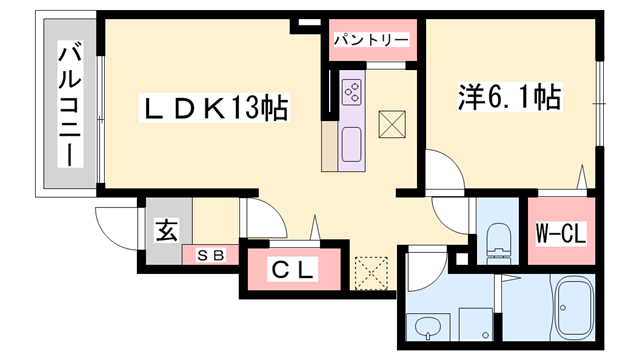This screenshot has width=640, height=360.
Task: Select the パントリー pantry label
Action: click(x=371, y=40)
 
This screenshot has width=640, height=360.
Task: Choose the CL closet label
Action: click(x=294, y=270)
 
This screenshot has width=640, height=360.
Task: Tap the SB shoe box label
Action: click(x=209, y=254)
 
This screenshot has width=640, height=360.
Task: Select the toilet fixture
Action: click(x=496, y=239)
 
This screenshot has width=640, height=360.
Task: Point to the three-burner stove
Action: click(x=354, y=91)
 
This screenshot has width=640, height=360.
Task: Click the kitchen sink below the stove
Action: click(x=353, y=146)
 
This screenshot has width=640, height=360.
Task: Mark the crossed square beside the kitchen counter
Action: click(x=393, y=125)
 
